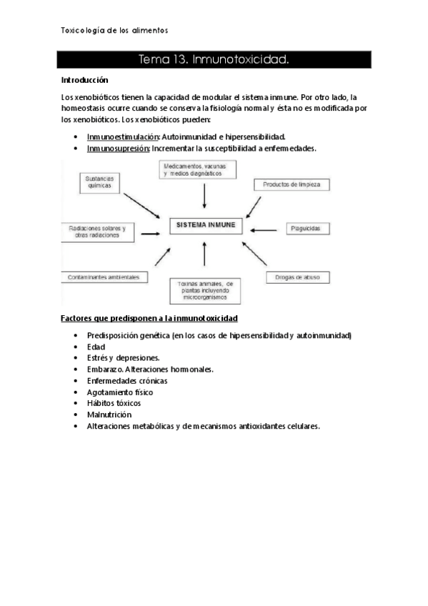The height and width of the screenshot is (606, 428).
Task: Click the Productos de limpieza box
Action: (x=291, y=184)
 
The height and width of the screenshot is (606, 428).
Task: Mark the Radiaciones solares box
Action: (x=96, y=232)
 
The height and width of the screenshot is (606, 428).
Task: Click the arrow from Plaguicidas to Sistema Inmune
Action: (x=267, y=229)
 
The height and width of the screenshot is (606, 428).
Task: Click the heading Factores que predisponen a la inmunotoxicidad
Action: (x=149, y=317)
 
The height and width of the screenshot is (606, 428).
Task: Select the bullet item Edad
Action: (x=96, y=347)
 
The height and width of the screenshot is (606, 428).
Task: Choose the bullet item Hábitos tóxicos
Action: (x=114, y=403)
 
